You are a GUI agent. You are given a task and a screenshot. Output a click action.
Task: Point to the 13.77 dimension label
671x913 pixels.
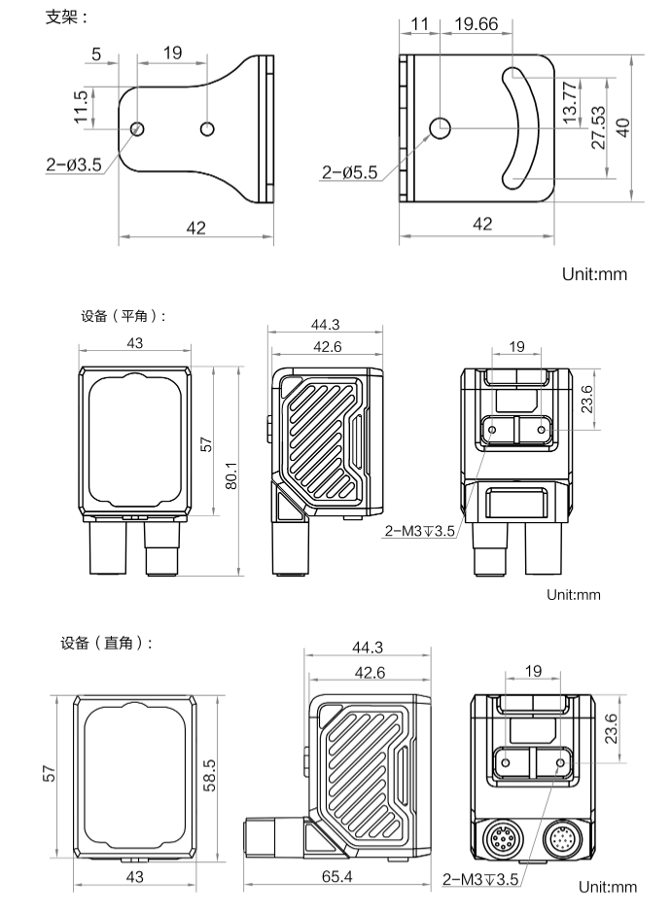[x=571, y=99]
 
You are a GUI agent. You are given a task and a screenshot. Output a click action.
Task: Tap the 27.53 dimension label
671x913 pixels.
[x=597, y=127]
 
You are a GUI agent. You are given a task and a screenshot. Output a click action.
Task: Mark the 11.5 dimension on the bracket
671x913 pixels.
[x=81, y=108]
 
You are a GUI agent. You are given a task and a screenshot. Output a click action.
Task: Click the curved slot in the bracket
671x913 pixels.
[x=523, y=126]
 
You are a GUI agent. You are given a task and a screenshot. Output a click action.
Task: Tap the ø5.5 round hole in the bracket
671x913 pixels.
[x=441, y=127]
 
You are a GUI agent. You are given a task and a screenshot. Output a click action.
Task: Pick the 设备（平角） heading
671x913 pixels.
[x=123, y=315]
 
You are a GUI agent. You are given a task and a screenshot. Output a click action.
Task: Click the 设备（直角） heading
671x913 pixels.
[x=106, y=643]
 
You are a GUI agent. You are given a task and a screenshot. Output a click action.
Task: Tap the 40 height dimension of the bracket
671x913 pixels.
[x=623, y=127]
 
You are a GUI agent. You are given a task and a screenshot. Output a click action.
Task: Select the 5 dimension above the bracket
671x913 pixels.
[x=96, y=53]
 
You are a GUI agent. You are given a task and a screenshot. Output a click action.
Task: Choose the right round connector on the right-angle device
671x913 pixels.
[x=563, y=840]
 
